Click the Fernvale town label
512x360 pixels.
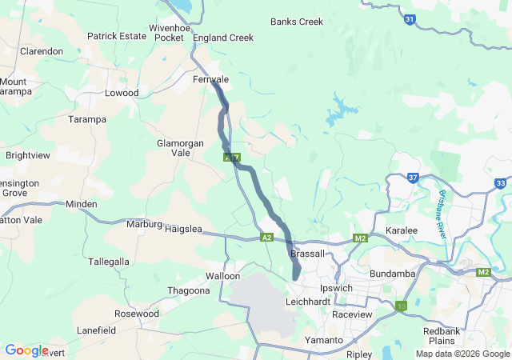point(211,80)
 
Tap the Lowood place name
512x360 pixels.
point(122,93)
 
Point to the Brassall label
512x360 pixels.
point(308,253)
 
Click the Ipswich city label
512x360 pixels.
point(336,287)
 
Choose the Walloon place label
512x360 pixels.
point(222,276)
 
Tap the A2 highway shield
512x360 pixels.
point(266,238)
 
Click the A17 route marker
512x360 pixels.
point(231,158)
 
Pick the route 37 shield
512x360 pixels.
point(413,178)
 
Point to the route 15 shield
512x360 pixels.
point(400,305)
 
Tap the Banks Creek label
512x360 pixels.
point(297,22)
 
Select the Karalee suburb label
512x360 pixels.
point(402,230)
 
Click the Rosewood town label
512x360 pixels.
point(137,314)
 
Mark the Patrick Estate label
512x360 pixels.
point(117,36)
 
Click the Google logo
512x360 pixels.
point(26,350)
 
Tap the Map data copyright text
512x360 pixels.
point(462,354)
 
